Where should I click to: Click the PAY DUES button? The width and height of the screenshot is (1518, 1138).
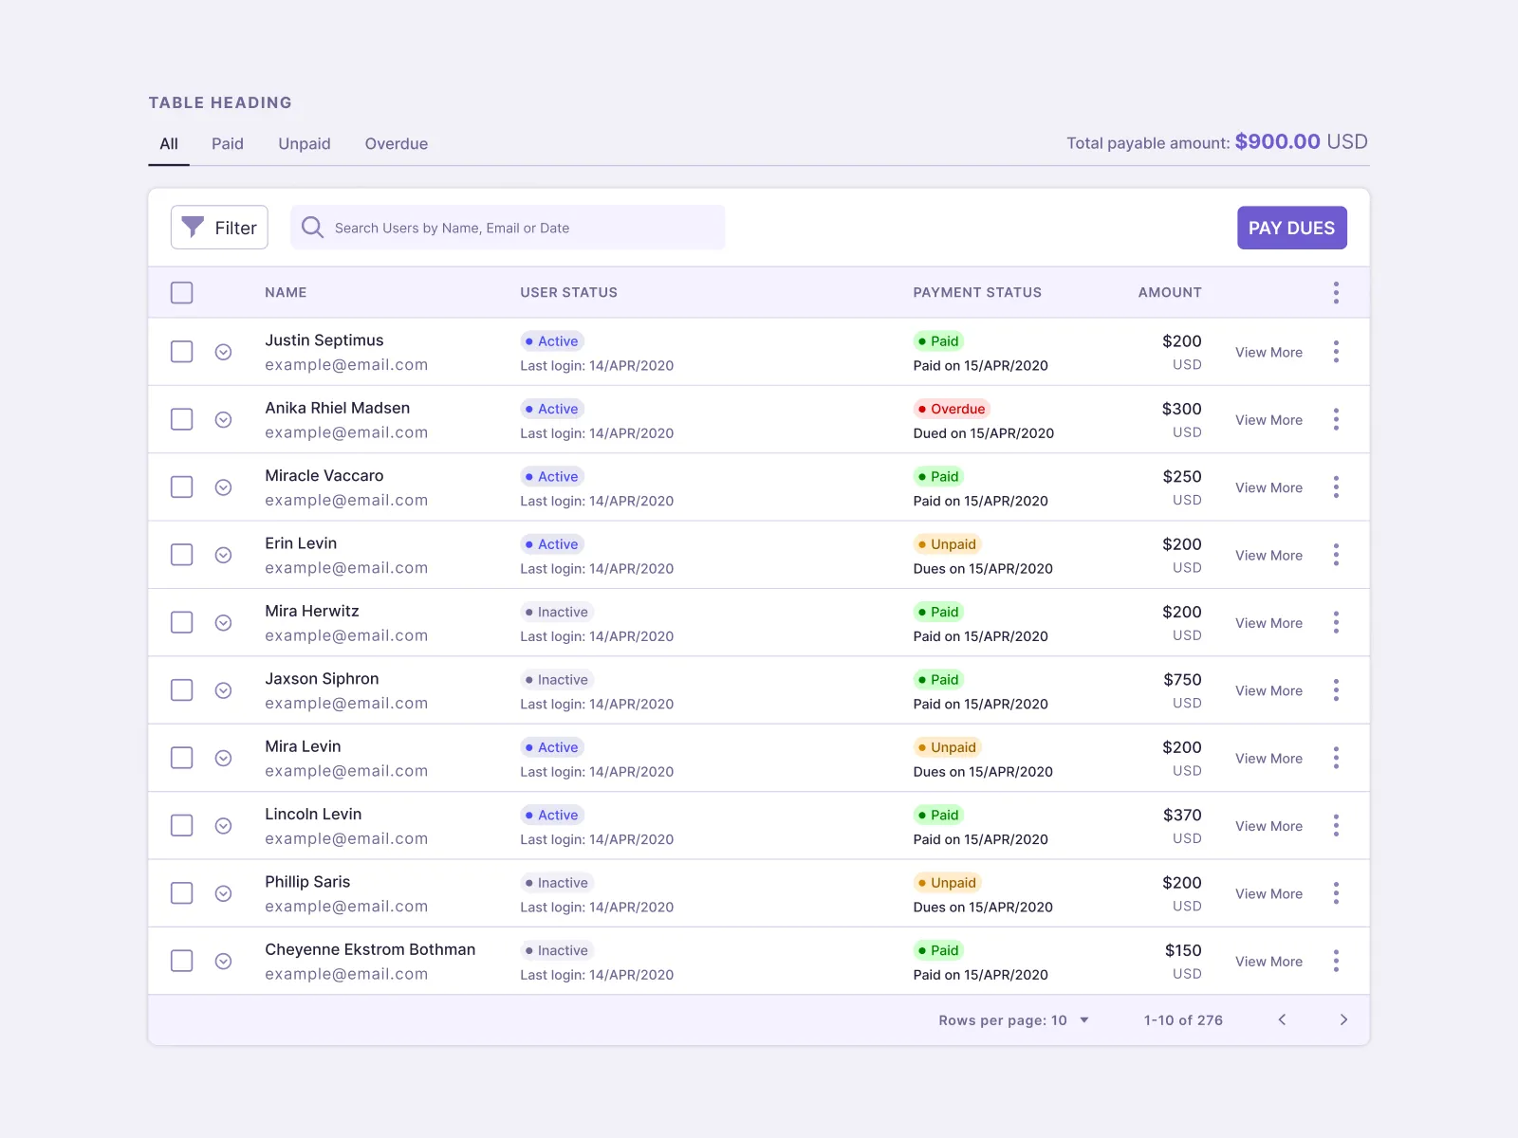tap(1291, 228)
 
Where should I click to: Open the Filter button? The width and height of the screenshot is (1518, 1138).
tap(219, 228)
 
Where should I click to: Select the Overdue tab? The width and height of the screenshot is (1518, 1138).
tap(396, 144)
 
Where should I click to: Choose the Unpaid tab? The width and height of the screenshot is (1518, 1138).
tap(304, 144)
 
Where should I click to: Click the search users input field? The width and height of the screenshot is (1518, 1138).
tap(508, 228)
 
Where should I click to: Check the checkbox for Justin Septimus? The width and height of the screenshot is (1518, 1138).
tap(181, 352)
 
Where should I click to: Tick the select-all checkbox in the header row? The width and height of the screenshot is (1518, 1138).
tap(181, 292)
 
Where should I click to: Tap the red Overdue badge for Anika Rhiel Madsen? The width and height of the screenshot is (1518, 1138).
tap(952, 409)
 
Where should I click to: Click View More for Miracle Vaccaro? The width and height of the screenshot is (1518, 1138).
tap(1268, 487)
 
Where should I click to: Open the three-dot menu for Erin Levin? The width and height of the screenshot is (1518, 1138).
tap(1336, 555)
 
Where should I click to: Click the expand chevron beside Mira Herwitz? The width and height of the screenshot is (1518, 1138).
tap(223, 623)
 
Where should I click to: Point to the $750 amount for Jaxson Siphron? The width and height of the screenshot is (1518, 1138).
tap(1182, 680)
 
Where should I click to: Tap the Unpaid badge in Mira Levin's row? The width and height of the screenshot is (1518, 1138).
tap(947, 747)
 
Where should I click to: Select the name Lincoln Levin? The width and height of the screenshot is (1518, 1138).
tap(313, 815)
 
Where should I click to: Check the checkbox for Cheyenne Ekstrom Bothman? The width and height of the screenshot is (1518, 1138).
tap(181, 961)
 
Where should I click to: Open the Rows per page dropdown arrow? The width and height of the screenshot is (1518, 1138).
tap(1084, 1020)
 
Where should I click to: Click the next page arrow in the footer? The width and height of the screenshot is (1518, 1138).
tap(1343, 1020)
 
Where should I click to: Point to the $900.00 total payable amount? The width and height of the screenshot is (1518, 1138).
tap(1277, 142)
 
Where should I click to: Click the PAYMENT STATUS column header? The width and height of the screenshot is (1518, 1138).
tap(977, 293)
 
